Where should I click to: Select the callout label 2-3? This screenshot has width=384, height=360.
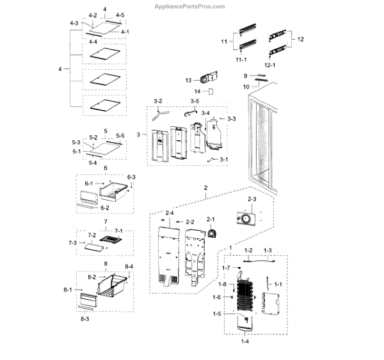pyautogui.click(x=252, y=200)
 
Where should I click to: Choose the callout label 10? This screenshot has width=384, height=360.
pyautogui.click(x=246, y=86)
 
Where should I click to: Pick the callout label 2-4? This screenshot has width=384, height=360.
pyautogui.click(x=170, y=212)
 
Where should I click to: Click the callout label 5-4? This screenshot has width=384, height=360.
pyautogui.click(x=93, y=163)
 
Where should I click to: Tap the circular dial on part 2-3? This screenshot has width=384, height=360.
pyautogui.click(x=244, y=219)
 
